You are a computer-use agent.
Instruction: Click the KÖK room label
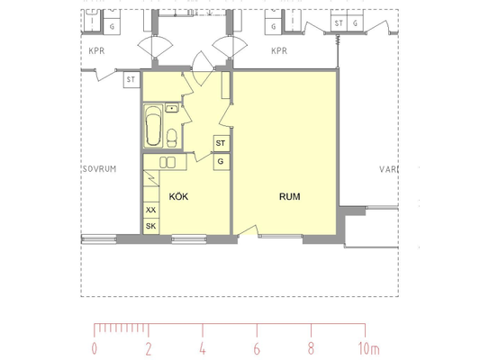tap(178, 196)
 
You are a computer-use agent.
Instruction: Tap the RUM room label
tap(290, 196)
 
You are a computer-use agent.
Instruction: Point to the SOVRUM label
tap(99, 169)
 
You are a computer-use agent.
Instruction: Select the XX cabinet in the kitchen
tap(151, 210)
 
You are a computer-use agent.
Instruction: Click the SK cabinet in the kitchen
tap(151, 226)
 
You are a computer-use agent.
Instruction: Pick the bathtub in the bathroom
tap(153, 127)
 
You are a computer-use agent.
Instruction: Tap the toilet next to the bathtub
tap(172, 138)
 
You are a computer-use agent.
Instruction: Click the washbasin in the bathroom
tap(172, 108)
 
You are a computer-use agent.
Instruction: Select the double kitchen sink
tap(168, 162)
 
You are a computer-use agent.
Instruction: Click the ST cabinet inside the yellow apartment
tap(222, 143)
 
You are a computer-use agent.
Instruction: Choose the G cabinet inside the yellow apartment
tap(222, 161)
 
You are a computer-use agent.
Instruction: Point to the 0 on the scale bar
tap(95, 348)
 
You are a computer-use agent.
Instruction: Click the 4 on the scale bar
tap(203, 348)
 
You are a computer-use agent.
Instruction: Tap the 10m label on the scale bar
tap(368, 348)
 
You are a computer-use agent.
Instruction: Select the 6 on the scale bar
tap(257, 348)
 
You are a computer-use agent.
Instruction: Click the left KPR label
tap(96, 50)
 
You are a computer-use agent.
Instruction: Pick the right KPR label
tap(279, 50)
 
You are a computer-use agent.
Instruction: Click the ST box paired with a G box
tap(339, 23)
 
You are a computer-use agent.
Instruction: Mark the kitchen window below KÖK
tap(189, 238)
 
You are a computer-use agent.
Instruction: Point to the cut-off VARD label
tap(389, 169)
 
